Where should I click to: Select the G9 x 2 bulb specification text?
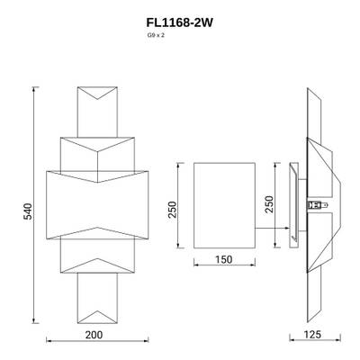(x=156, y=37)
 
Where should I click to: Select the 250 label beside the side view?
(x=268, y=204)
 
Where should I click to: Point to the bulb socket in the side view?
(x=314, y=205)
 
